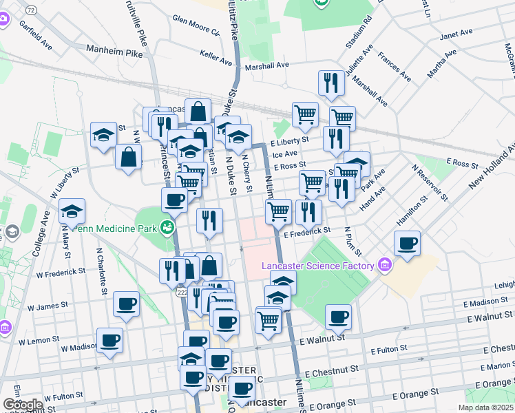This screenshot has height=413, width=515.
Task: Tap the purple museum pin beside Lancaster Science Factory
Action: [385, 266]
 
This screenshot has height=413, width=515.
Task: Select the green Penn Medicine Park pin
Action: [166, 226]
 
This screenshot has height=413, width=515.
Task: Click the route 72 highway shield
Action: [30, 11]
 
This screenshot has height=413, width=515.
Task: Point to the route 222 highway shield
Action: [181, 293]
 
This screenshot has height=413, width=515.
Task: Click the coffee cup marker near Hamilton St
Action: [408, 243]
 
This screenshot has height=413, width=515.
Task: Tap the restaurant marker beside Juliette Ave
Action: [331, 83]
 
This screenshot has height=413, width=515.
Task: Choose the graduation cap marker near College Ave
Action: [72, 211]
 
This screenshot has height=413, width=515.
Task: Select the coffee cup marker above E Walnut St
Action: [338, 317]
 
